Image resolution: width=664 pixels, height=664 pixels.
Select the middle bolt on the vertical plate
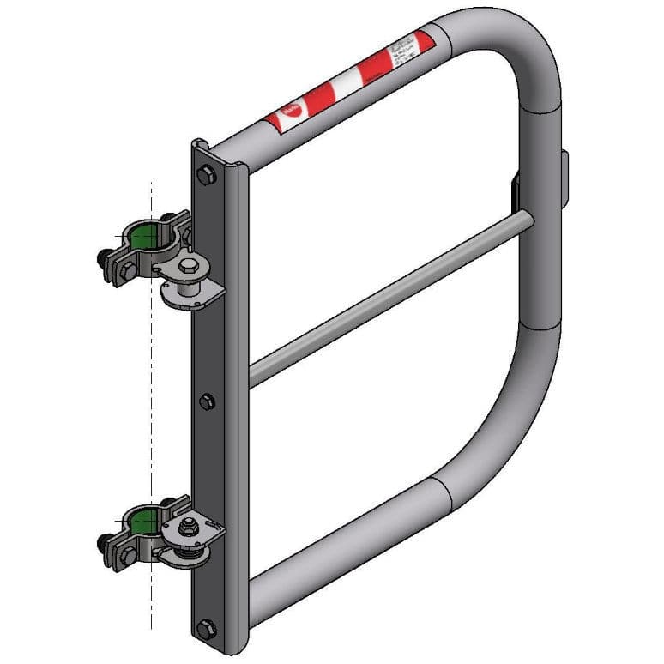206,401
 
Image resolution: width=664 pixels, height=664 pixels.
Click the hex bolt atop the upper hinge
190,264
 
